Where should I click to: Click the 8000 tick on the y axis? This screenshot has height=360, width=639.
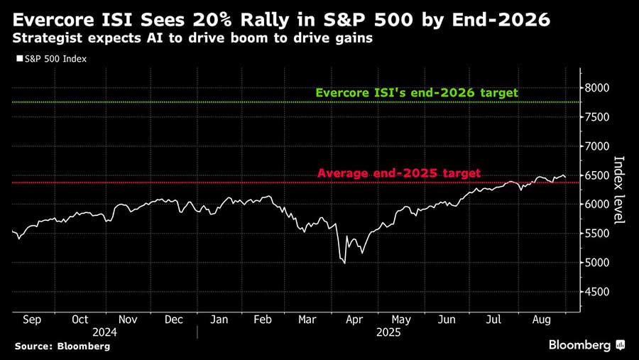coord(598,87)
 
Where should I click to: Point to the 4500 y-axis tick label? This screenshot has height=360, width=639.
coord(598,292)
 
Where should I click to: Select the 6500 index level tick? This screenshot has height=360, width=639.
coord(598,175)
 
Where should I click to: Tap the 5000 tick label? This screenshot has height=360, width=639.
coord(598,263)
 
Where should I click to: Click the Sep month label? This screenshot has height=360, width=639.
coord(32,320)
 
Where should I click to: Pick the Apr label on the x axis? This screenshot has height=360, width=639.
coord(354,320)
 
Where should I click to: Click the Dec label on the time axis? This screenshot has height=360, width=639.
coord(174,320)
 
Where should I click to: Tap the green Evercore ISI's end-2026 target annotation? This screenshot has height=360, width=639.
coord(417,93)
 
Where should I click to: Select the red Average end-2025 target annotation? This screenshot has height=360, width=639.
coord(398,173)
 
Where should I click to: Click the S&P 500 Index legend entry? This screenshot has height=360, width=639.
coord(51,59)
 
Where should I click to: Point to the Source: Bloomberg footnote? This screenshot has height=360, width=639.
coord(62,346)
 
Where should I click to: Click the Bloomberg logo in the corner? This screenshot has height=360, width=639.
coord(586,345)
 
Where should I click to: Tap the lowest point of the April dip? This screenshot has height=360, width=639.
coord(345,263)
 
